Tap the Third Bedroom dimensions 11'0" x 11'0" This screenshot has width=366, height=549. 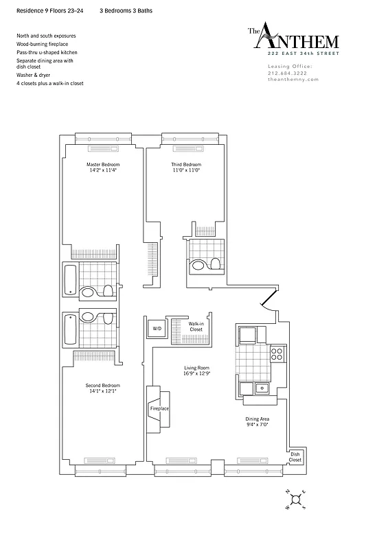point(186,170)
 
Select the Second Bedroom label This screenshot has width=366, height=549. point(101,386)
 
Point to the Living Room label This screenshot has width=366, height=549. point(196,368)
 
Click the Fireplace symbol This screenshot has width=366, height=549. point(159,408)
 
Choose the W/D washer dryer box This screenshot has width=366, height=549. point(157,329)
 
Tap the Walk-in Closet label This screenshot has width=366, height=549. point(196,327)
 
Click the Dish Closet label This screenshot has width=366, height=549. point(295,456)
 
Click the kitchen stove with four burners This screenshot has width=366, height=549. point(277,355)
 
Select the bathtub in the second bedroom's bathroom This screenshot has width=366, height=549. point(71,329)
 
